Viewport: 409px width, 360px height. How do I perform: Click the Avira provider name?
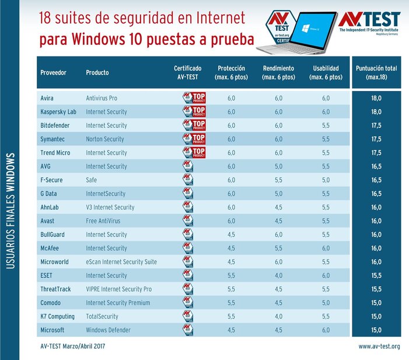pos(48,98)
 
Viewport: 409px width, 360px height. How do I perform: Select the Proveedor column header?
pos(53,73)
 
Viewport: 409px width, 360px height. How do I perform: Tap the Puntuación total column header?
pos(376,72)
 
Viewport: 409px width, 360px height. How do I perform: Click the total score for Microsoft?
pos(376,330)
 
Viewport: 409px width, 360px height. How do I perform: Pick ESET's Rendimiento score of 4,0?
pos(278,275)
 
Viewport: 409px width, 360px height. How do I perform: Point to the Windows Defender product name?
pos(108,330)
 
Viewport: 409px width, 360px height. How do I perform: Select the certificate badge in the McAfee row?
pos(188,248)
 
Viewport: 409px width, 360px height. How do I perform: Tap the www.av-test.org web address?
pos(379,347)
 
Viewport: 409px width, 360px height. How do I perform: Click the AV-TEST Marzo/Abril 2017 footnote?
pos(72,347)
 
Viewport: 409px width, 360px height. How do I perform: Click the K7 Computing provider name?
pos(57,316)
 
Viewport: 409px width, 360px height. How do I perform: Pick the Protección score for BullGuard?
pos(230,235)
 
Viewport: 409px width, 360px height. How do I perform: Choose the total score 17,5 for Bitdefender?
pos(376,125)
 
